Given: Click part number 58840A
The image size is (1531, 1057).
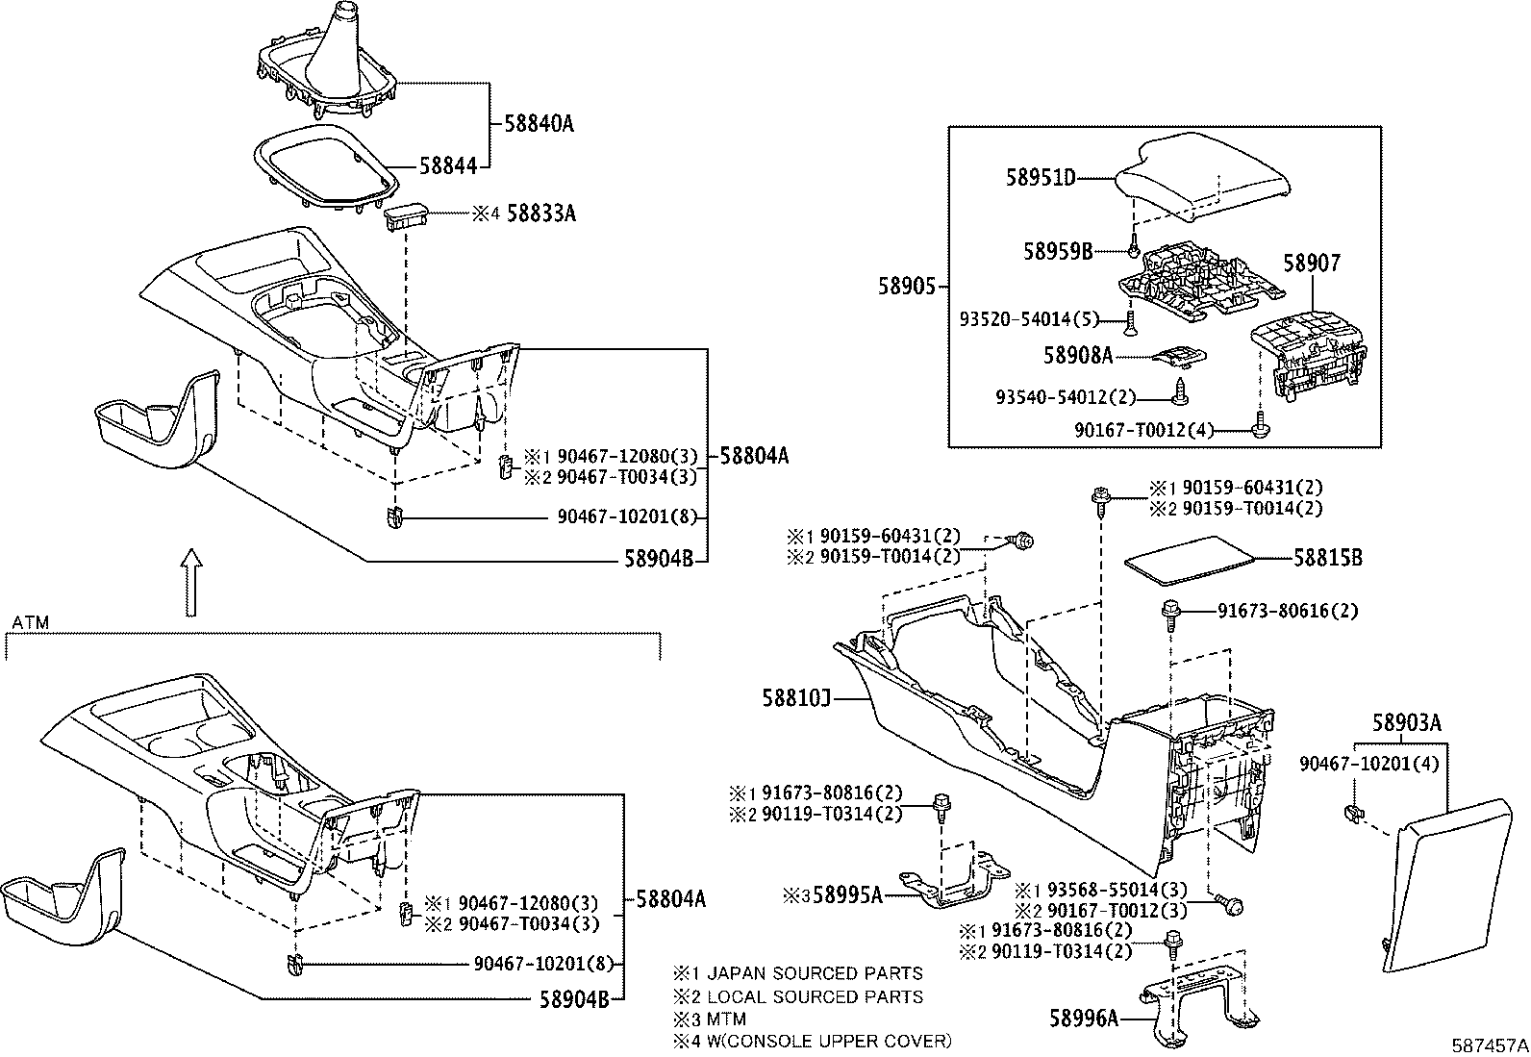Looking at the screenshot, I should pos(539,124).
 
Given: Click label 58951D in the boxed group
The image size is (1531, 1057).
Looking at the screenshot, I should pos(1041,178).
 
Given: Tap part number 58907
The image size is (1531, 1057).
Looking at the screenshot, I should pos(1313,263).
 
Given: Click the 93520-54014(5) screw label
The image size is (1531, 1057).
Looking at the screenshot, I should pos(1029,318).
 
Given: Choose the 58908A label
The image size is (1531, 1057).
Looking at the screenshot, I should pos(1077,356).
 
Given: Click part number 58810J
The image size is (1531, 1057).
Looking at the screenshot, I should pos(795,696).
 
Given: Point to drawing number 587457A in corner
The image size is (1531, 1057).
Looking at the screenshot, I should pos(1490,1044).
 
